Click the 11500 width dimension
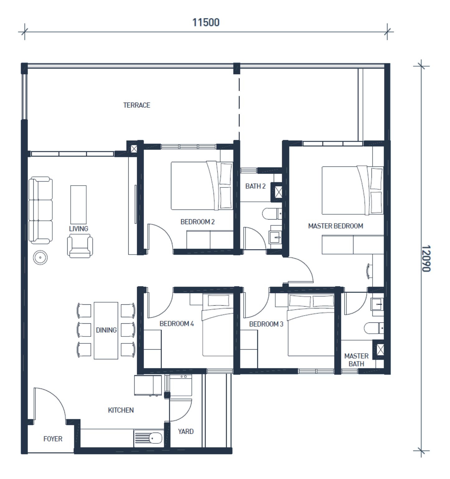[206, 22]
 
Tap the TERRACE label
[137, 105]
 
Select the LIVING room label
[78, 229]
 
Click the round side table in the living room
[40, 258]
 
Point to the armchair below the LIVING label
[80, 246]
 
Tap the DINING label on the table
[106, 330]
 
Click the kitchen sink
[149, 438]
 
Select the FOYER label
[53, 439]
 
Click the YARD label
[186, 431]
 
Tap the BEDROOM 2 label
[197, 222]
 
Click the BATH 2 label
[255, 186]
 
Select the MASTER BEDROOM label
[335, 226]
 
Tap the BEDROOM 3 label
[266, 324]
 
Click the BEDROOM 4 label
[177, 324]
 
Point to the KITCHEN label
[121, 410]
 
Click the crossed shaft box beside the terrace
[134, 149]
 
